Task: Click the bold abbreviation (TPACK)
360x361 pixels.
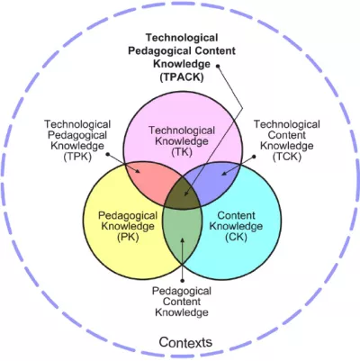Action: click(x=182, y=77)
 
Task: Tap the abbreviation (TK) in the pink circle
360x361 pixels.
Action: click(x=182, y=152)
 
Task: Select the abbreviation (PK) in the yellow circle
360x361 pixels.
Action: click(x=128, y=237)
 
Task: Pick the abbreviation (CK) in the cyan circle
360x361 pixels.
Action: click(x=236, y=237)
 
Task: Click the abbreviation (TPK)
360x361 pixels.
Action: click(x=77, y=157)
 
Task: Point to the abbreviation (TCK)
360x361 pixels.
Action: click(x=287, y=157)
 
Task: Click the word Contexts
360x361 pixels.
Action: click(x=185, y=342)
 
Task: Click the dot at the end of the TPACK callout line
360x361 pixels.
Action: click(x=218, y=66)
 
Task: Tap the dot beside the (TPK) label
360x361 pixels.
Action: click(x=108, y=155)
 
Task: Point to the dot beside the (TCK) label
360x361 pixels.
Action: click(x=254, y=157)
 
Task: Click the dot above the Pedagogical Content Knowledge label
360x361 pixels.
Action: click(x=182, y=280)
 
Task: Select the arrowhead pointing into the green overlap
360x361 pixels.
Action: click(x=182, y=239)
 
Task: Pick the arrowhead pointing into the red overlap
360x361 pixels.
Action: click(x=137, y=171)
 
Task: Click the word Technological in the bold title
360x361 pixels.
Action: click(x=182, y=38)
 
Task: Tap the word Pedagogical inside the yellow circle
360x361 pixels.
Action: click(x=128, y=215)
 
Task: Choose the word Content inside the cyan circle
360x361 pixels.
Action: click(x=236, y=215)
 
